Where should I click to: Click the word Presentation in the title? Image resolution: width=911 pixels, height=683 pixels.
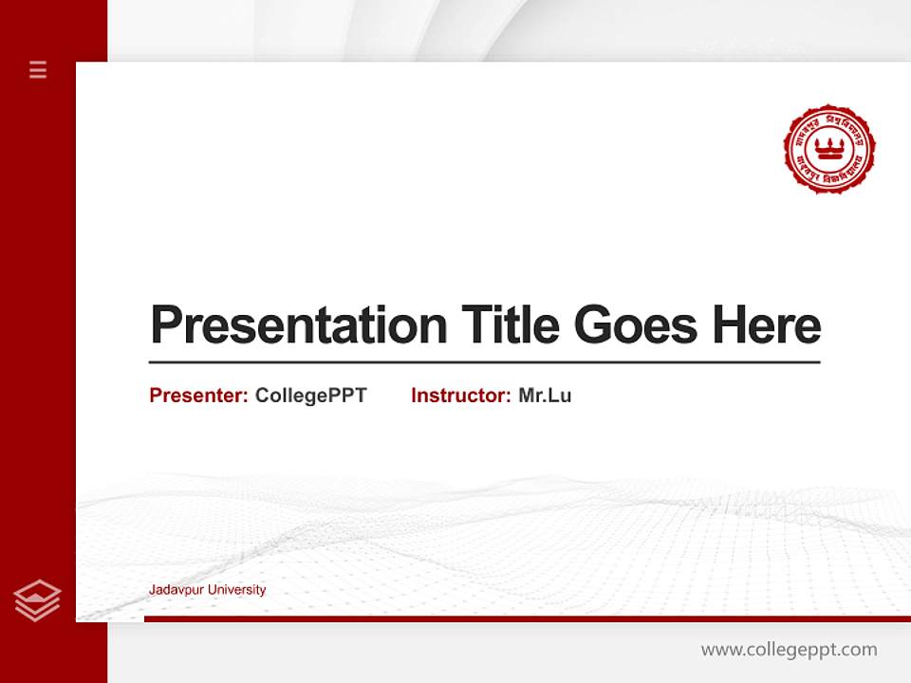(x=299, y=325)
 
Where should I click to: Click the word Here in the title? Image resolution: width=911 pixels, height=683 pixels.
(x=767, y=325)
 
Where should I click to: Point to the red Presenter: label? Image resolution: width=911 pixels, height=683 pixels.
(x=198, y=396)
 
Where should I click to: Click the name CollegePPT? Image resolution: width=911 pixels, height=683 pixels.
(x=310, y=396)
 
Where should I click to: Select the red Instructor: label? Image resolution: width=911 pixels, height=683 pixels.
(x=460, y=396)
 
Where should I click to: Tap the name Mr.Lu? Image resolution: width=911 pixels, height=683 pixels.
(x=545, y=396)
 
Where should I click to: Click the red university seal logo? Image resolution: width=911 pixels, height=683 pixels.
(x=829, y=149)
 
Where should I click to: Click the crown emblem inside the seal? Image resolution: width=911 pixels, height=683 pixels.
(x=829, y=147)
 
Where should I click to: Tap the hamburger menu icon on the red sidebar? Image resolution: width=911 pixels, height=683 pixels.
(x=38, y=69)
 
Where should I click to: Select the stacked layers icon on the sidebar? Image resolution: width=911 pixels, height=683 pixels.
(x=37, y=600)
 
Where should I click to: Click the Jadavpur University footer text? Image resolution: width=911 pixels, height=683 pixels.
(x=207, y=590)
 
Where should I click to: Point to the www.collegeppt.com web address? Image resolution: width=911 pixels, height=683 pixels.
(x=789, y=650)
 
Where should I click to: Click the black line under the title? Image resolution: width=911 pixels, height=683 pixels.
(x=484, y=361)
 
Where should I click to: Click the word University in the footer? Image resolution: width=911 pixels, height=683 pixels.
(x=236, y=590)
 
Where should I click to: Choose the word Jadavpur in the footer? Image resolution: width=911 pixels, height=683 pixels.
(x=176, y=590)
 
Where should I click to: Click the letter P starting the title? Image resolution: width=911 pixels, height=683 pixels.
(x=165, y=325)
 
